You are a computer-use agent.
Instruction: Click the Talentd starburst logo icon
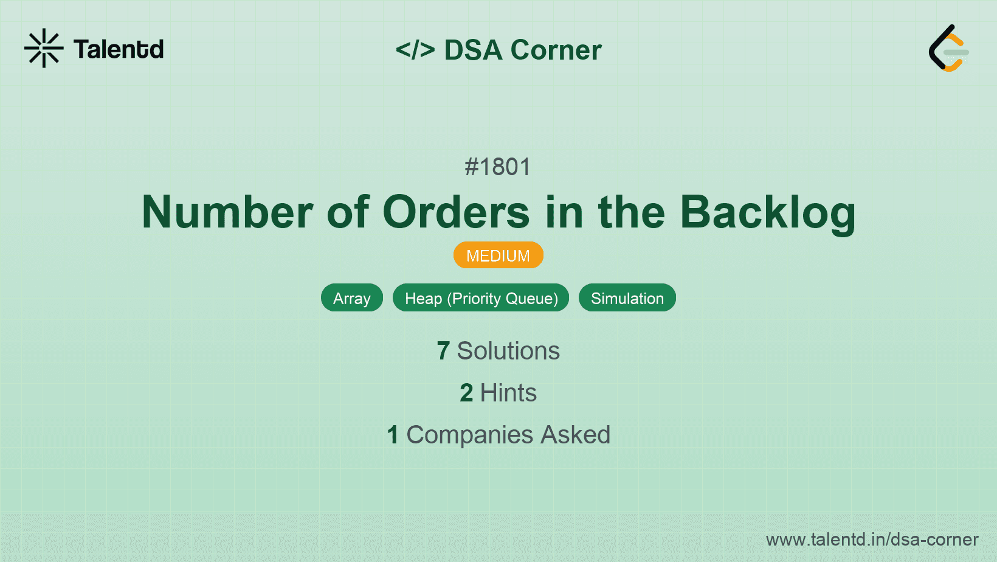click(x=44, y=48)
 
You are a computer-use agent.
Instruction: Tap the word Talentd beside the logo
click(x=119, y=49)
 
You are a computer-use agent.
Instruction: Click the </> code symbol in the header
click(x=415, y=50)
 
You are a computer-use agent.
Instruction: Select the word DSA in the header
click(x=473, y=50)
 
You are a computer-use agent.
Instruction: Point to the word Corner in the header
click(x=556, y=50)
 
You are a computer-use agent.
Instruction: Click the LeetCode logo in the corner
click(x=948, y=49)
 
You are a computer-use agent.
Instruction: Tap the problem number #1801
click(x=498, y=167)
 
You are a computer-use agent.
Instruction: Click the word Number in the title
click(x=227, y=212)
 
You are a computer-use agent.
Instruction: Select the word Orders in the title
click(x=456, y=212)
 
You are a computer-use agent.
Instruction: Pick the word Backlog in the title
click(x=767, y=212)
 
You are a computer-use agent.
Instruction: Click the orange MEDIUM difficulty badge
click(x=498, y=255)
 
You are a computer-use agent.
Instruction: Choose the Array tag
click(x=351, y=298)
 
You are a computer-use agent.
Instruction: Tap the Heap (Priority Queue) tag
click(x=481, y=298)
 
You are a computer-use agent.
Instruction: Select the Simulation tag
click(x=627, y=298)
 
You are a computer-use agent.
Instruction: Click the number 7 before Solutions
click(x=443, y=351)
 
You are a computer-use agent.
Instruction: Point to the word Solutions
click(x=508, y=351)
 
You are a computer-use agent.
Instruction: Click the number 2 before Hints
click(x=466, y=393)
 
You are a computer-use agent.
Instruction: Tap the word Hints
click(x=508, y=393)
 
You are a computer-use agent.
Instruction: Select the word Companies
click(x=469, y=435)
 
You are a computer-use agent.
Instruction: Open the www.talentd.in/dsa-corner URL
click(x=872, y=539)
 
